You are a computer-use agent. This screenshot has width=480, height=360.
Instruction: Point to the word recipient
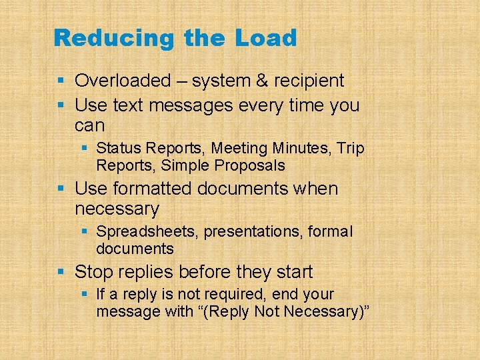(306, 81)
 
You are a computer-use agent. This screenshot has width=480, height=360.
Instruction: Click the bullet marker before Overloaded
(61, 81)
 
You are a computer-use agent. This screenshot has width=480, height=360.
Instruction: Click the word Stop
(93, 272)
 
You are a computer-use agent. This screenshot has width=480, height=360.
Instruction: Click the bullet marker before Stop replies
(61, 272)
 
